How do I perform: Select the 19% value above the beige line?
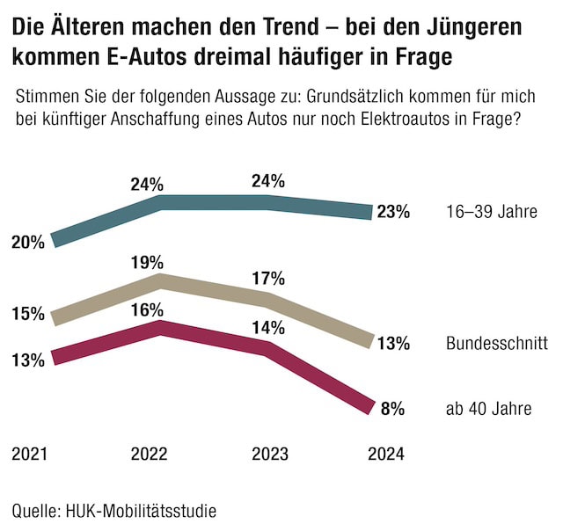tap(146, 262)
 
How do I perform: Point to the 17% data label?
tap(267, 279)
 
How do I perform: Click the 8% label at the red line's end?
tap(392, 408)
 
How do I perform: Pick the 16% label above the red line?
tap(146, 309)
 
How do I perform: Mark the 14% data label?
tap(267, 328)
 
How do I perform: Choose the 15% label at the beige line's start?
tap(29, 313)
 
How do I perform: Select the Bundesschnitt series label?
tap(497, 343)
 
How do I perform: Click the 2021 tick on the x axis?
tap(29, 455)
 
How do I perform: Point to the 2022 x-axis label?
tap(149, 455)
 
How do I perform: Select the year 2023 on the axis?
tap(269, 455)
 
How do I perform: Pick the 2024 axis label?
tap(386, 455)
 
